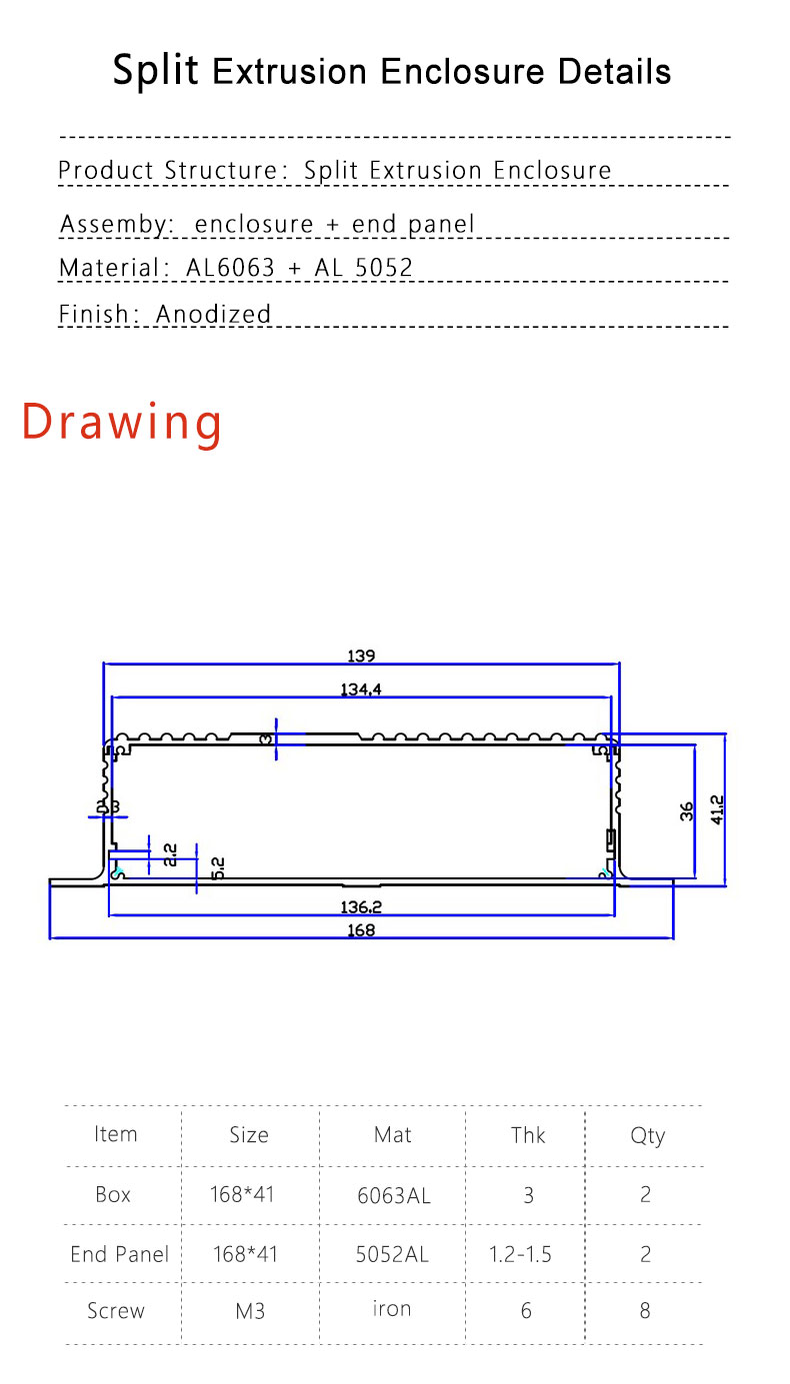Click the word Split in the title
click(155, 72)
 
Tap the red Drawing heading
click(122, 422)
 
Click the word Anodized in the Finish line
click(214, 314)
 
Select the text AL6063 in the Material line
click(230, 268)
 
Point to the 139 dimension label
click(361, 657)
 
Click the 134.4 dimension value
click(361, 689)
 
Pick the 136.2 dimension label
click(361, 907)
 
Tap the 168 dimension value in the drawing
click(361, 930)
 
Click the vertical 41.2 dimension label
click(716, 809)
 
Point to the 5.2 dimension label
click(218, 867)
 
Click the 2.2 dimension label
click(170, 854)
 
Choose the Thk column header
click(528, 1135)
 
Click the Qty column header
click(647, 1135)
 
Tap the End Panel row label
click(119, 1254)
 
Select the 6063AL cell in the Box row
click(393, 1195)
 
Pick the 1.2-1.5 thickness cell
click(520, 1254)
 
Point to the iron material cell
click(392, 1309)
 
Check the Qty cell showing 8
click(645, 1310)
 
